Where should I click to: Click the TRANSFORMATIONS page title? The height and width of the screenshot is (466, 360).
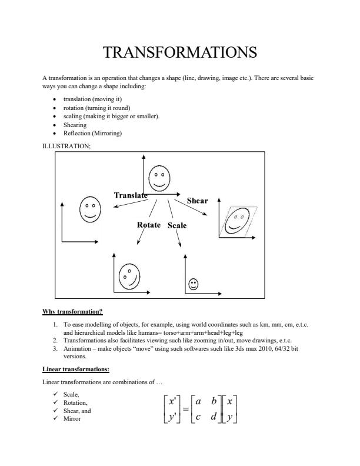coord(180,52)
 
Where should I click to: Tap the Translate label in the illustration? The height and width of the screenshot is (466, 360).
coord(131,195)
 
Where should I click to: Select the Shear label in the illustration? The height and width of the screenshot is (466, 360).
coord(197,201)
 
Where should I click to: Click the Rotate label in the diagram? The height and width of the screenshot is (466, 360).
coord(149,225)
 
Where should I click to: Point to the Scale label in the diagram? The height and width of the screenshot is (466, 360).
coord(177,225)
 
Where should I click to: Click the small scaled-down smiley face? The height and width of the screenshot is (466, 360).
coord(193,284)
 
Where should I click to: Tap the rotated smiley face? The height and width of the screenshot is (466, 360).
coord(129,275)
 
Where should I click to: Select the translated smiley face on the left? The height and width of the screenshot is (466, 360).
coord(89,210)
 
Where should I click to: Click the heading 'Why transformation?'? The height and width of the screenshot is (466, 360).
coord(72,311)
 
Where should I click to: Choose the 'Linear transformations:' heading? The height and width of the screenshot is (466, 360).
coord(75,370)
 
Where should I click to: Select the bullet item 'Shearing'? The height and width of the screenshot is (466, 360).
coord(75,125)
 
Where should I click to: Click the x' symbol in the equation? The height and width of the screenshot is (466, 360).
coord(174,401)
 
